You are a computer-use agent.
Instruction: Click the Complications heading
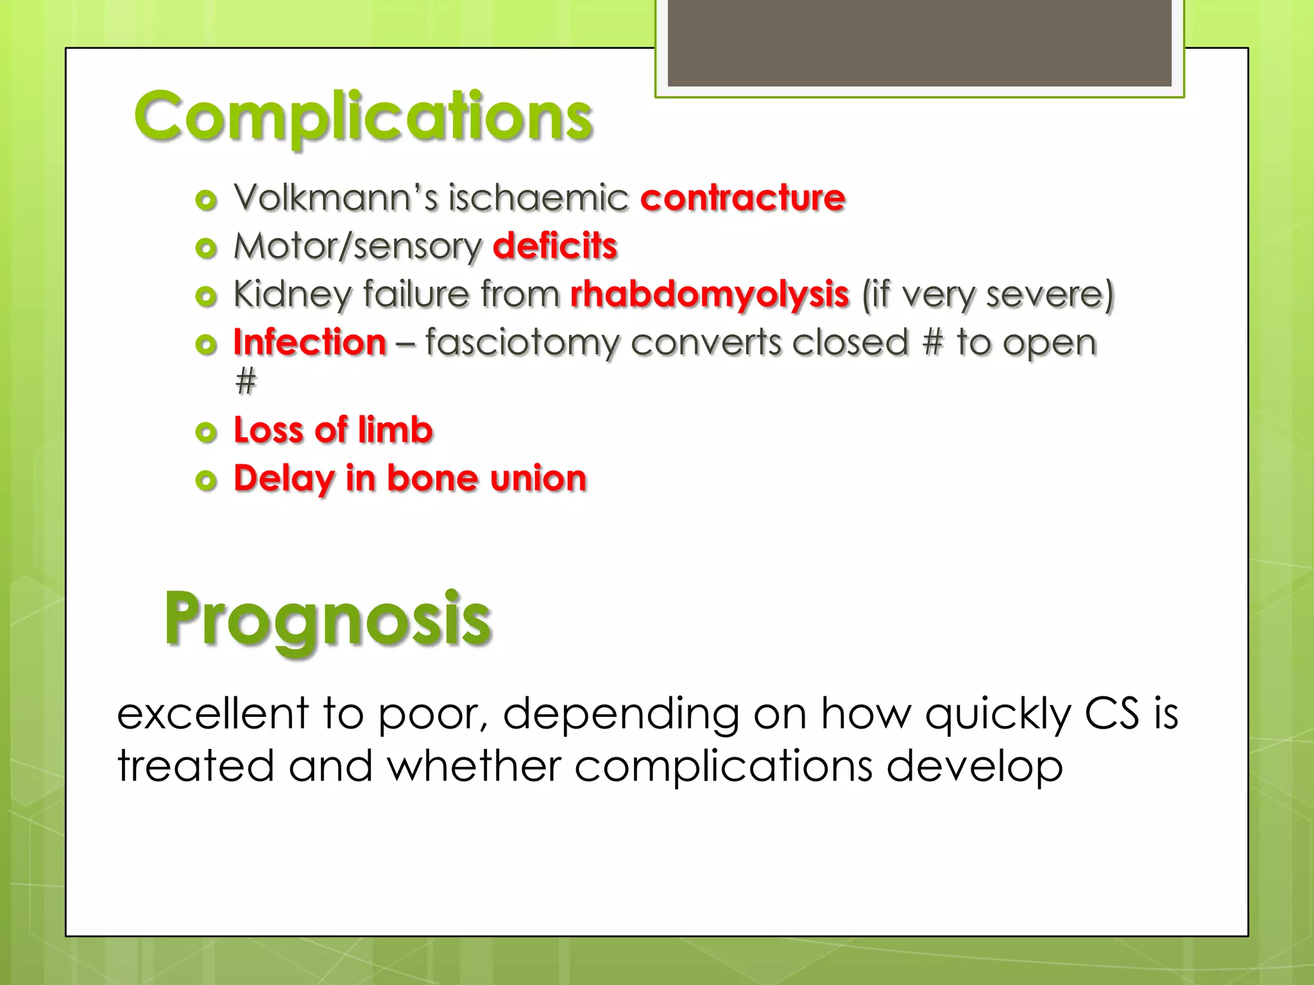(x=363, y=117)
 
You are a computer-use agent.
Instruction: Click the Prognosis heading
(x=327, y=619)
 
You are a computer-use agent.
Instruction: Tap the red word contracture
(x=742, y=198)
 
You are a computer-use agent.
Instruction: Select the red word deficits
(x=555, y=246)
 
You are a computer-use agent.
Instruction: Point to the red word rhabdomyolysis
(x=710, y=294)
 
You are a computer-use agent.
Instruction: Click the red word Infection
(x=310, y=342)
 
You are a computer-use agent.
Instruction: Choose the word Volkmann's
(x=336, y=198)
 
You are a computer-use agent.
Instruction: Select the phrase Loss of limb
(x=333, y=430)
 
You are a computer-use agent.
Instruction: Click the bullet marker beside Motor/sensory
(x=206, y=248)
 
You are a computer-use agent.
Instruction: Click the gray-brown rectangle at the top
(x=919, y=42)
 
